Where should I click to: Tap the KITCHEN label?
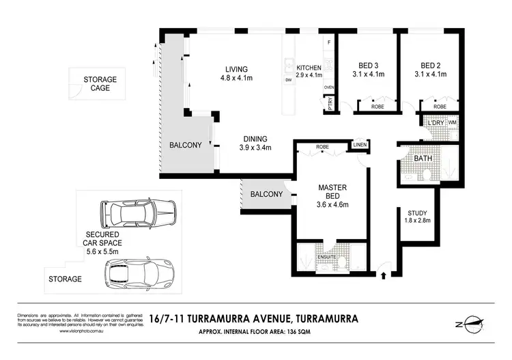pyautogui.click(x=309, y=68)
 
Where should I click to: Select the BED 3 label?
pyautogui.click(x=365, y=66)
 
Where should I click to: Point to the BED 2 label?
pyautogui.click(x=433, y=66)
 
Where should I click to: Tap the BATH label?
pyautogui.click(x=423, y=159)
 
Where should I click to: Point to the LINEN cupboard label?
pyautogui.click(x=360, y=144)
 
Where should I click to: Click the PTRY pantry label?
pyautogui.click(x=329, y=105)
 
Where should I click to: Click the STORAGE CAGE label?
pyautogui.click(x=100, y=84)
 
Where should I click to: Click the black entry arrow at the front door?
pyautogui.click(x=383, y=276)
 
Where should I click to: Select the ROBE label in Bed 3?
pyautogui.click(x=377, y=107)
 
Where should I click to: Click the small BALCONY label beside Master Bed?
pyautogui.click(x=266, y=194)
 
